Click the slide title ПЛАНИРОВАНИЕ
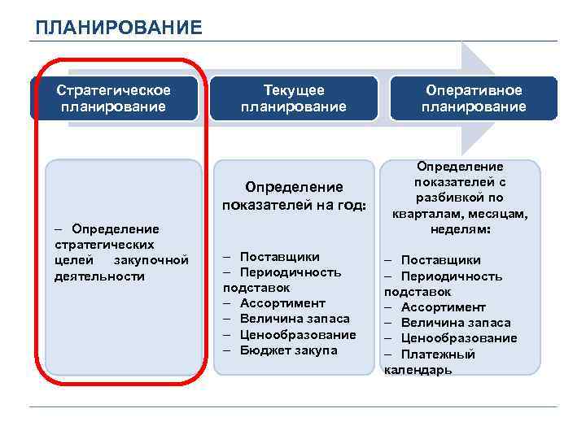coord(119,28)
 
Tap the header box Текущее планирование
coord(294,98)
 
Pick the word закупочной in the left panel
coord(151,260)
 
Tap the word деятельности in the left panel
coord(94,276)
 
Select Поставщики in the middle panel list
coord(279,257)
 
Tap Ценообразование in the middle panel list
coord(298,334)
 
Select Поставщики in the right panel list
coord(440,260)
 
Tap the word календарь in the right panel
coord(418,370)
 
